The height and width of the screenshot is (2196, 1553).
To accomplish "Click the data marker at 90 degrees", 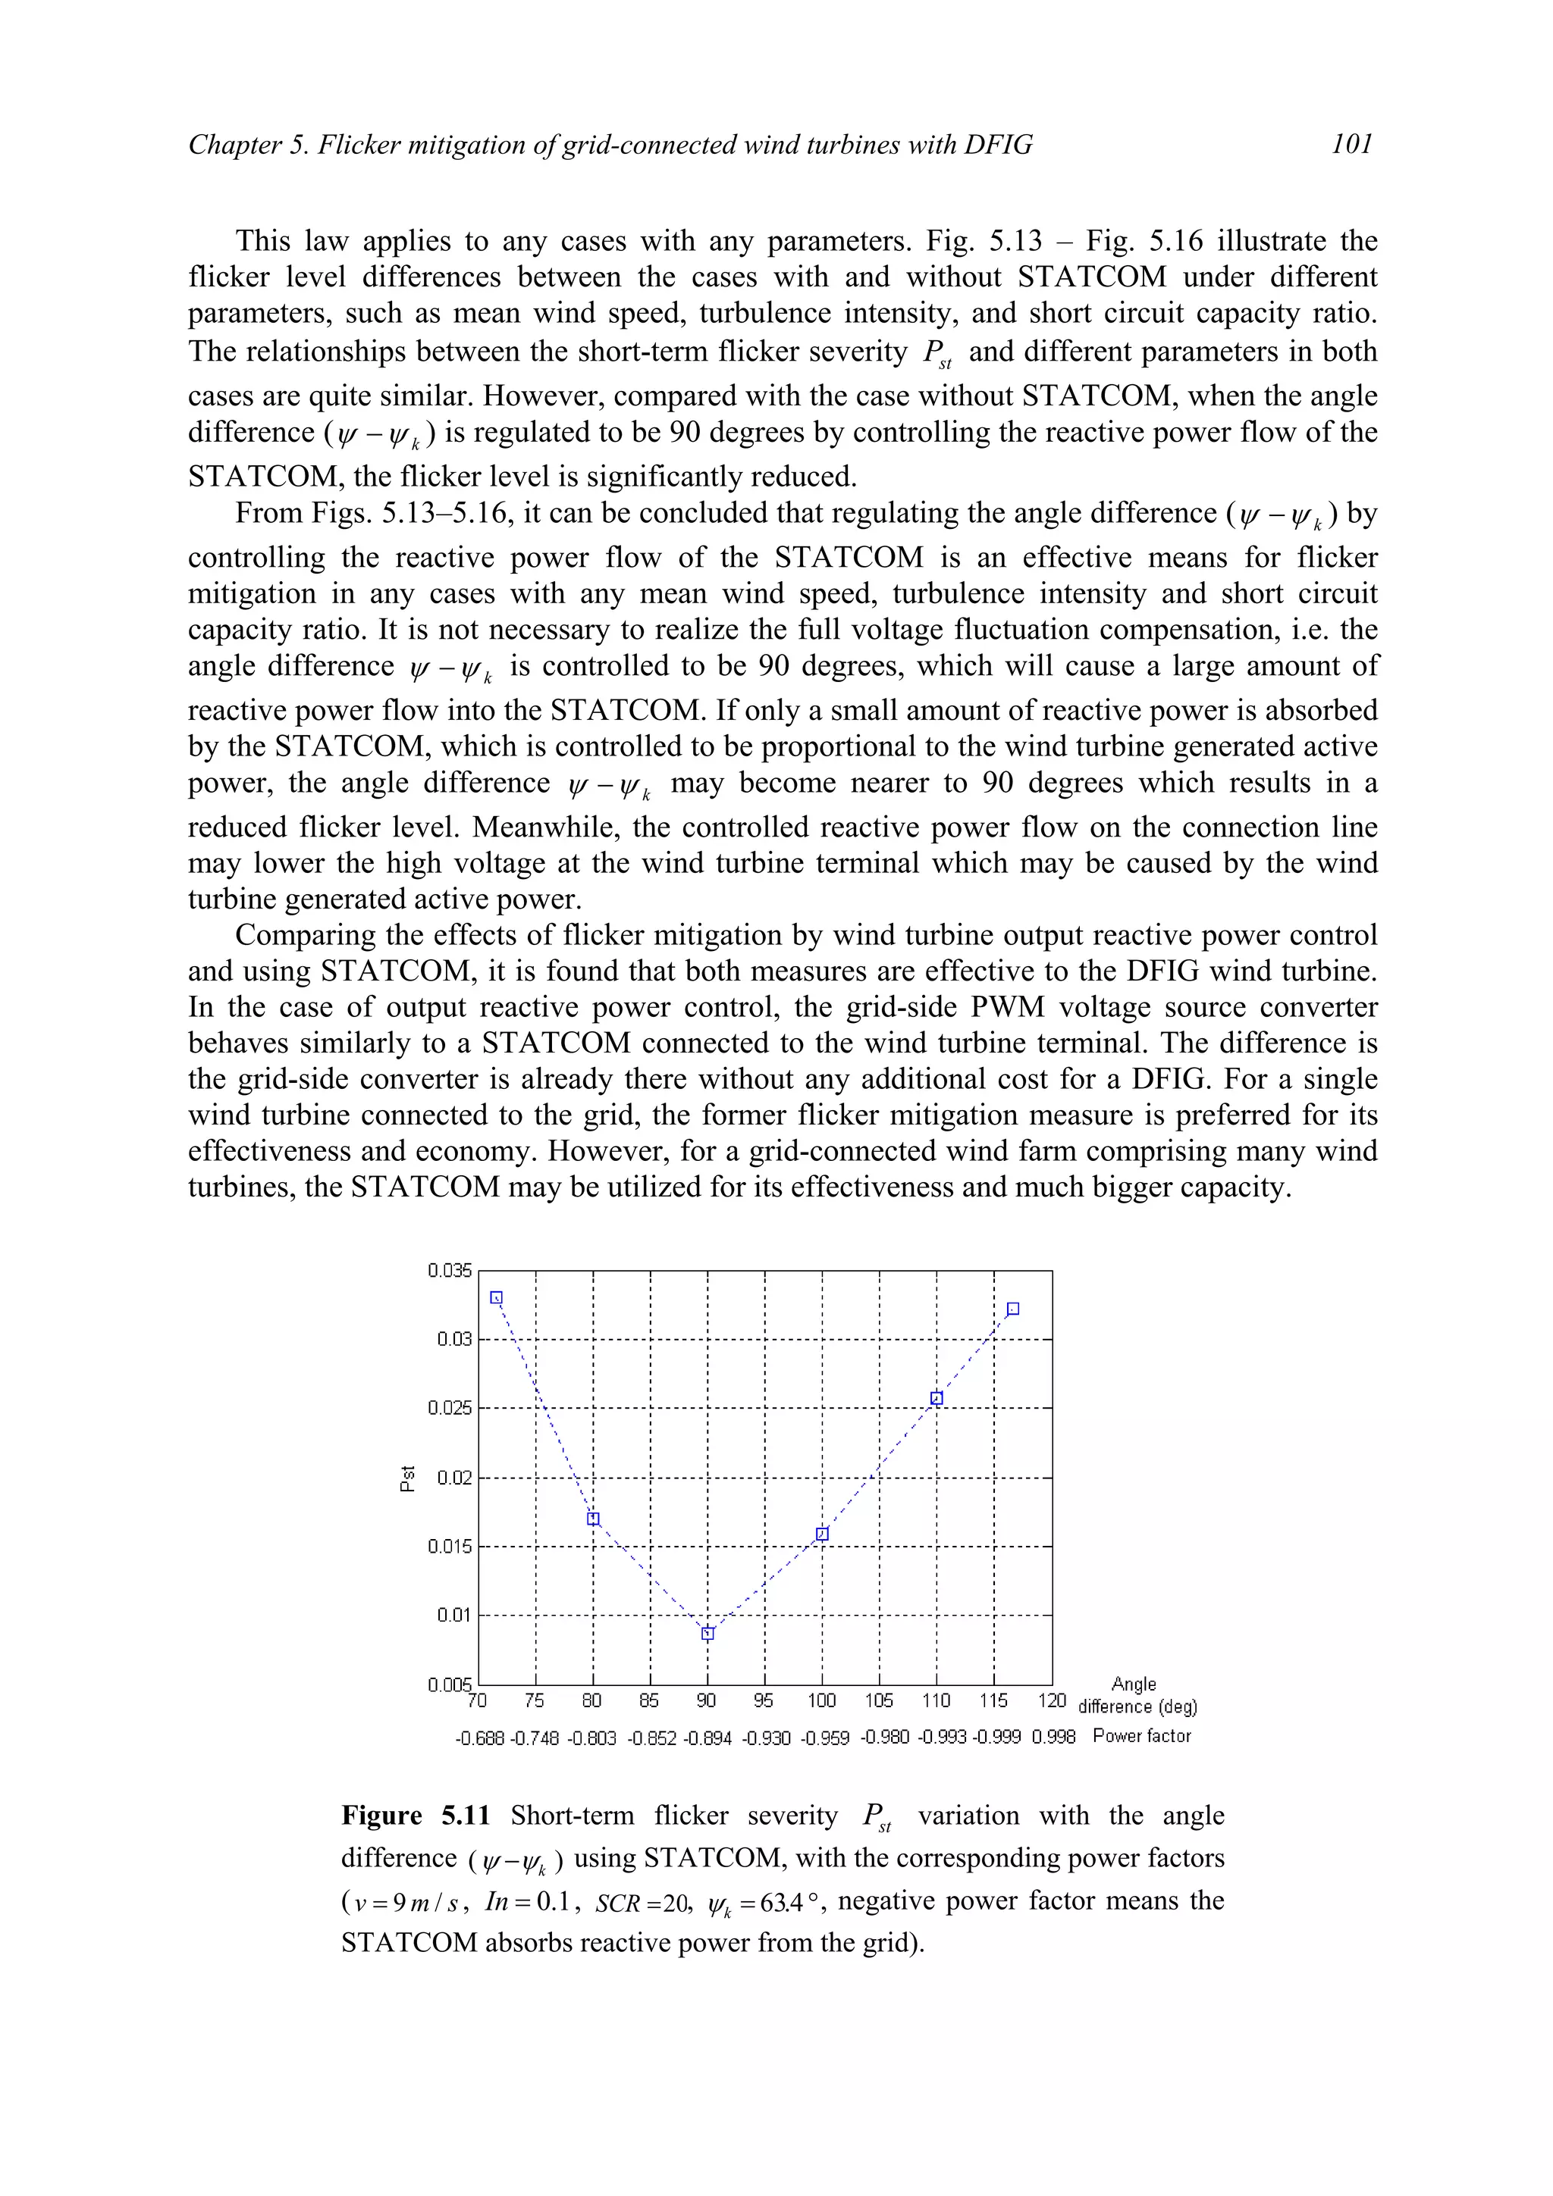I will (x=707, y=1634).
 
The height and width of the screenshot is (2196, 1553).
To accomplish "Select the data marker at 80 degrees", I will (x=593, y=1519).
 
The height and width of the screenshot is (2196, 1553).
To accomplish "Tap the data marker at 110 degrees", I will (x=937, y=1398).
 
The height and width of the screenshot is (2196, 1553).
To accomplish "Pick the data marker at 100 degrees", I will (x=822, y=1534).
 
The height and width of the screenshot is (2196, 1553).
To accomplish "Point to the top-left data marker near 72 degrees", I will (x=497, y=1298).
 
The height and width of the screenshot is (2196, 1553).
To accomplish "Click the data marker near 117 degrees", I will (x=1013, y=1309).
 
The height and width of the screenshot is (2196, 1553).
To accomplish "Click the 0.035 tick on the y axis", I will (x=450, y=1270).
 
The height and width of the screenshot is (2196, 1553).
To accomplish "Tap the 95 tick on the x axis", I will (x=764, y=1700).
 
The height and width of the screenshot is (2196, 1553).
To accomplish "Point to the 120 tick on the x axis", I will (x=1052, y=1700).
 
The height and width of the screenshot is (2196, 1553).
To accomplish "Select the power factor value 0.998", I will (x=1053, y=1737).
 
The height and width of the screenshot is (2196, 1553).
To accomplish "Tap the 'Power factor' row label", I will (x=1141, y=1736).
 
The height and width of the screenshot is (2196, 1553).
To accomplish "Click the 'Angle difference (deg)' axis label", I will (x=1136, y=1696).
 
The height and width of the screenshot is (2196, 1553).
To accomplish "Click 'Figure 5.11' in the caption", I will (x=416, y=1816).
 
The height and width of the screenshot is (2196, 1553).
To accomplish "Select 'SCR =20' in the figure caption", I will (x=641, y=1904).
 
